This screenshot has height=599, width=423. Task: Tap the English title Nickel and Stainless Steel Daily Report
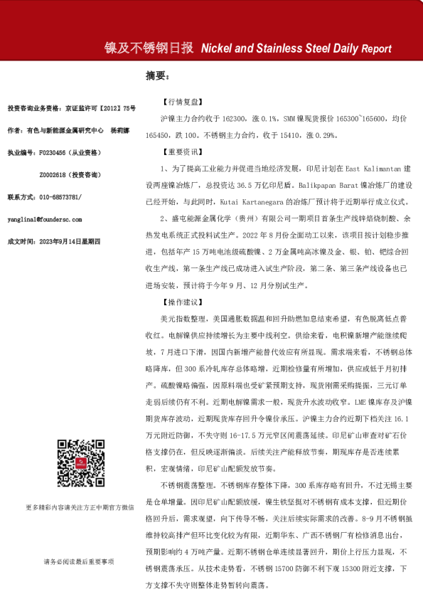(x=296, y=49)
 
